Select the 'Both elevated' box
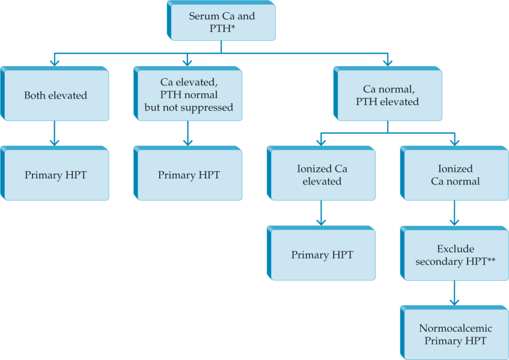point(55,96)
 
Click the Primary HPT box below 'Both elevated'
point(55,175)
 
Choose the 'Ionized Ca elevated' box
point(322,175)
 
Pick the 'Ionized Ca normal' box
point(455,175)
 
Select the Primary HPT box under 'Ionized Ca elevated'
point(322,255)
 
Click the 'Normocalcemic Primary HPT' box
point(455,334)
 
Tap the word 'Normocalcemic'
point(455,328)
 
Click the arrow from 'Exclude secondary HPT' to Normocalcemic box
point(455,293)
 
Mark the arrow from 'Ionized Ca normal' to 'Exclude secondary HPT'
point(455,213)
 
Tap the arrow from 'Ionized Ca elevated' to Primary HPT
point(322,213)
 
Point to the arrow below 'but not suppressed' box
point(188,133)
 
